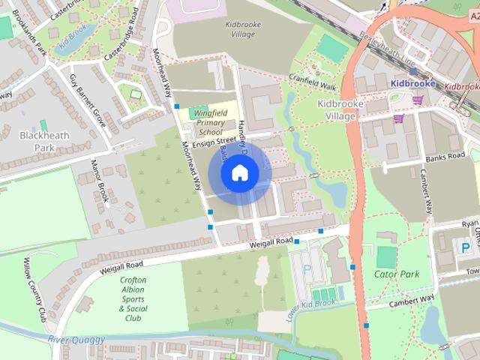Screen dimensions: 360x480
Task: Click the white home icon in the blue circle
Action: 239,173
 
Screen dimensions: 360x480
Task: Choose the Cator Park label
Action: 396,274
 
